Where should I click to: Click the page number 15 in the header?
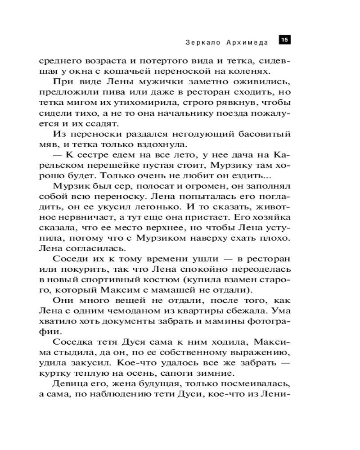coord(284,40)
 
